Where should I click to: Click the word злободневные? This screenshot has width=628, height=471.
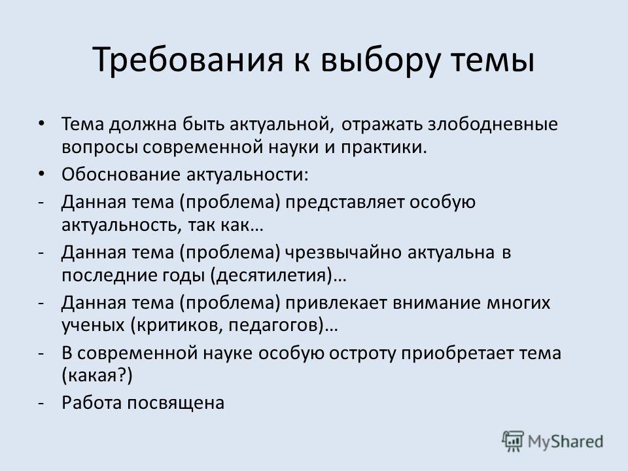click(493, 124)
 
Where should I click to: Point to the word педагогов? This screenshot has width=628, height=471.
click(275, 326)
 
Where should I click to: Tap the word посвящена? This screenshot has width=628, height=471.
click(176, 404)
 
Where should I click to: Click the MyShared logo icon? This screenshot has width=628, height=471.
click(513, 442)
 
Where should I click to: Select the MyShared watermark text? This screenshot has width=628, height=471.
click(565, 442)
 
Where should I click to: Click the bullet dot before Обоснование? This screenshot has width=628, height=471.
click(42, 175)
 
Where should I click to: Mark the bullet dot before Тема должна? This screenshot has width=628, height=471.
click(42, 124)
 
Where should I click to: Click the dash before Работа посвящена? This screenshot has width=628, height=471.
click(41, 404)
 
